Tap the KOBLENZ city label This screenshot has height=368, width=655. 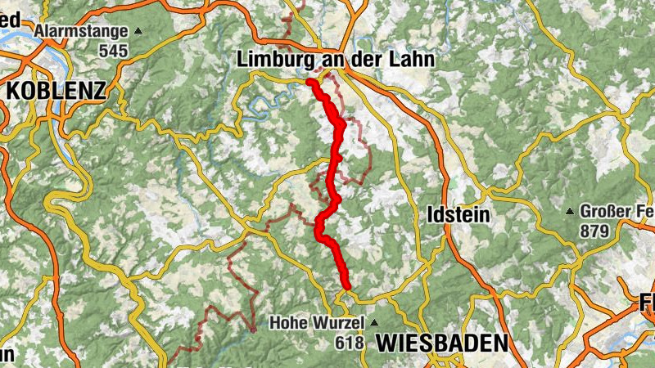tap(56, 90)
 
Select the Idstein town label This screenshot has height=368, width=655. tap(458, 215)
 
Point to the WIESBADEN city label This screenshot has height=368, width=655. tap(442, 343)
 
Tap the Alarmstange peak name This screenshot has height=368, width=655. tap(82, 32)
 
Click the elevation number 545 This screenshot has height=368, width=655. tap(114, 50)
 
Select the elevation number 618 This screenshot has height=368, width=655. tap(349, 343)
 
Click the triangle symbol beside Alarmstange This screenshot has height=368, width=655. tap(138, 32)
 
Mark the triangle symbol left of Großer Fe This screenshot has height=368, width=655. tap(570, 211)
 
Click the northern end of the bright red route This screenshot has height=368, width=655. tap(312, 83)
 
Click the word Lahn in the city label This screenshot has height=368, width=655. tap(414, 60)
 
